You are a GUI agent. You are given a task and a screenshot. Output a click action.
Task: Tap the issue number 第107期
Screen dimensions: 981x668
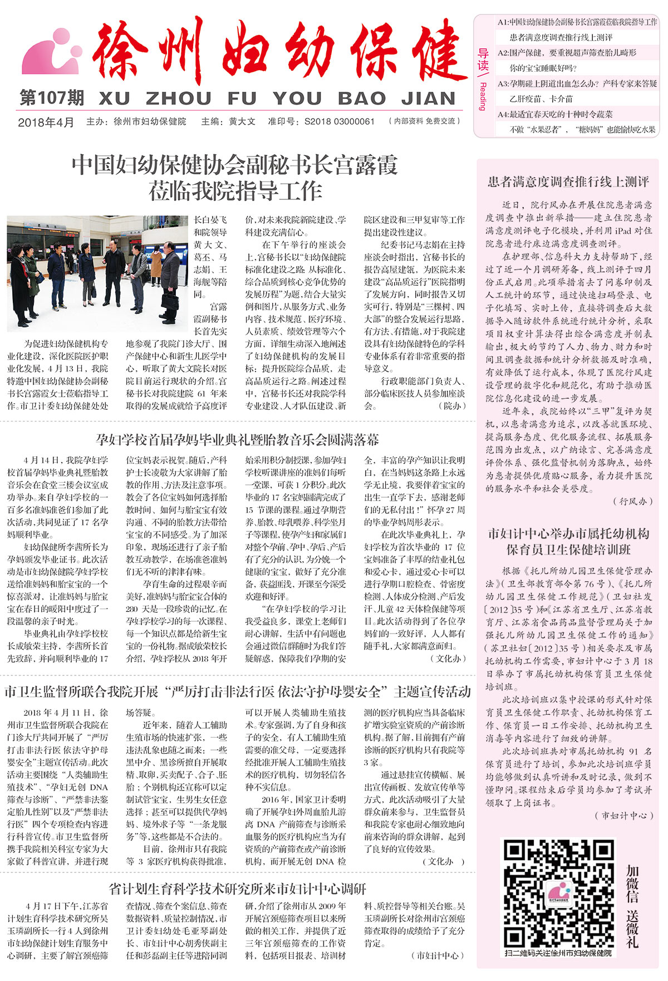(x=51, y=98)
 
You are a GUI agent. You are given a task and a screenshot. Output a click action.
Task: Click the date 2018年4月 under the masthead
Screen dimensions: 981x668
(x=46, y=122)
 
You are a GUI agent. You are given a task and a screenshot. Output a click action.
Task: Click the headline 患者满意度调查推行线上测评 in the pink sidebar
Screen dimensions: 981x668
(x=568, y=182)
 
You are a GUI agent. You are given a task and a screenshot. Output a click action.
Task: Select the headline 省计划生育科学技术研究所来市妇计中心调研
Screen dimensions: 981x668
(x=237, y=889)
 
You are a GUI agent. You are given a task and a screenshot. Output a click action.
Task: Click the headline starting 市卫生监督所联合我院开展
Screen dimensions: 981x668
(x=237, y=692)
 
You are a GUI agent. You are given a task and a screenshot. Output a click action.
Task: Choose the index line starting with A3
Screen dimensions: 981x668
(x=577, y=84)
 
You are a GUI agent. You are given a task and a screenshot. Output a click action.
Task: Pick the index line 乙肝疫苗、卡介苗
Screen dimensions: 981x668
(x=541, y=99)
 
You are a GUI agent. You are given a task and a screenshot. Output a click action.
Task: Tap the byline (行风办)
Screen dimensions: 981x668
(x=632, y=501)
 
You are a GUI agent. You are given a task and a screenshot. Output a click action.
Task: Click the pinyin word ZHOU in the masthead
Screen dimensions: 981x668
(x=178, y=99)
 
